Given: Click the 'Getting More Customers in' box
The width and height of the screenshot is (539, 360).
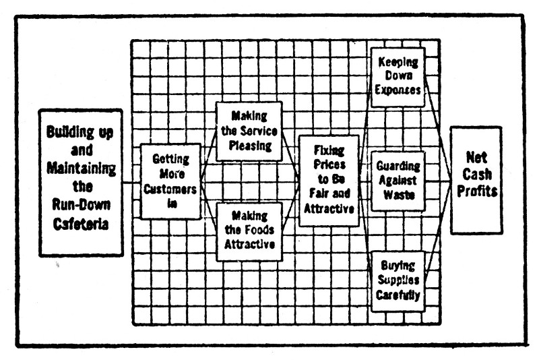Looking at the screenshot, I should click(x=170, y=181).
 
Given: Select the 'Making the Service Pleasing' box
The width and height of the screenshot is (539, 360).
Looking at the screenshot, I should click(x=249, y=131).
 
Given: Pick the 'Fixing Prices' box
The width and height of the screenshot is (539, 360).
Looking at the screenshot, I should click(x=329, y=181).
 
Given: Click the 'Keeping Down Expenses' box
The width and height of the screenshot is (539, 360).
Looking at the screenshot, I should click(x=398, y=76).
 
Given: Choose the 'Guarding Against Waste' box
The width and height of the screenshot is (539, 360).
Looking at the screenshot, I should click(x=398, y=181).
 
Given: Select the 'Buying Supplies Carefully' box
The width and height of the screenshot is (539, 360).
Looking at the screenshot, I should click(x=398, y=280).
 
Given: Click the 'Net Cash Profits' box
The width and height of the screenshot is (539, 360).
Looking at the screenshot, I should click(x=476, y=179).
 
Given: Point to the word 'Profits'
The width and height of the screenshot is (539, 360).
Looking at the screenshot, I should click(x=476, y=191).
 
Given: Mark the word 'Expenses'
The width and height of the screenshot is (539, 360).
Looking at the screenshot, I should click(x=398, y=89).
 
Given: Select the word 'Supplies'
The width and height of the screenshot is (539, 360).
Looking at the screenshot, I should click(x=398, y=280).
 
